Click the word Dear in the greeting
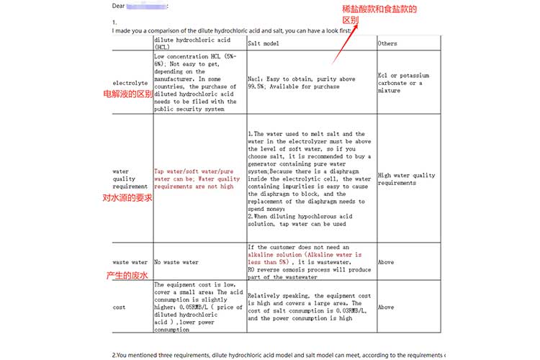pos(119,6)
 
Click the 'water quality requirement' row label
pos(130,177)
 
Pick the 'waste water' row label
pos(130,262)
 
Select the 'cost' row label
pos(120,307)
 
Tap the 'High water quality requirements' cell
pos(406,179)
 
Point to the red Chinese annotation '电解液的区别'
pos(128,94)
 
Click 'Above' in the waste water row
pos(386,262)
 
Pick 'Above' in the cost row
pos(386,307)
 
